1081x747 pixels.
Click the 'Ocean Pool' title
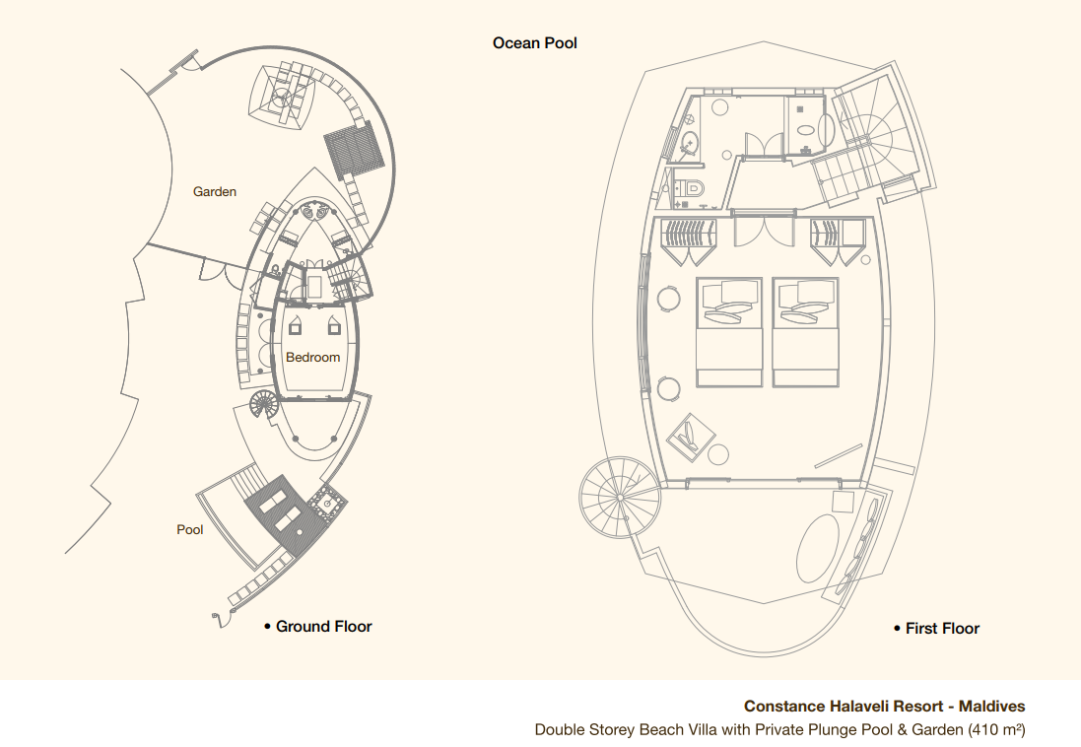tap(534, 42)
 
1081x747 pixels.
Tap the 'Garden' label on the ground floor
tap(215, 192)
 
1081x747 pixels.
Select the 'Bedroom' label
tap(313, 358)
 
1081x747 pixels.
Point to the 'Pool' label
tap(189, 530)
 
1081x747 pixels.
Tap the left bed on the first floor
tap(729, 332)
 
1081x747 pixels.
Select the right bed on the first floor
tap(805, 332)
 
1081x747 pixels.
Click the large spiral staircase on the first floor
tap(620, 497)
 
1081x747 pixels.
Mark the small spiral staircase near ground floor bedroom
tap(263, 404)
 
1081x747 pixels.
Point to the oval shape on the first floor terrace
tap(818, 548)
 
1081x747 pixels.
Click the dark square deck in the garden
tap(355, 151)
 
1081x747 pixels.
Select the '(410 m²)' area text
tap(996, 730)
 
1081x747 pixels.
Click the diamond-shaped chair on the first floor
tap(692, 438)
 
